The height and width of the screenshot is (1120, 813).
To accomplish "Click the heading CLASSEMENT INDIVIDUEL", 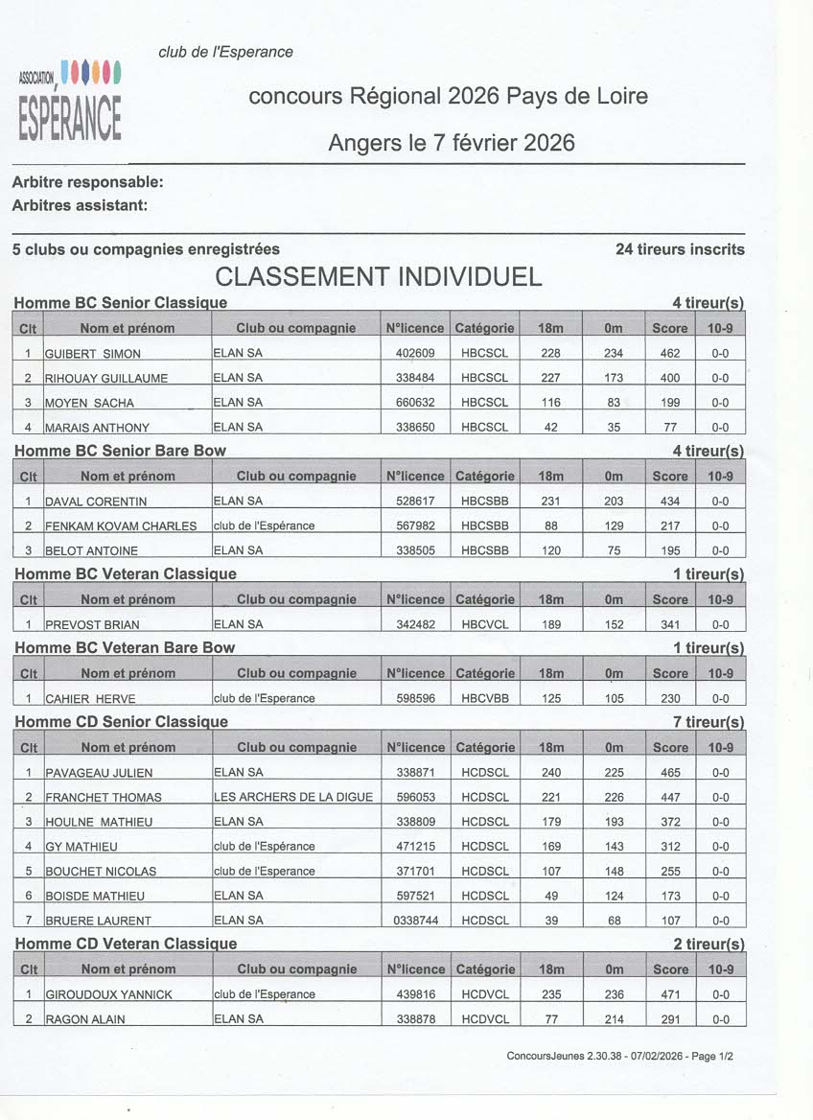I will tap(379, 277).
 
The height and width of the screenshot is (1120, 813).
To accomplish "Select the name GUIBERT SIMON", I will tap(93, 354).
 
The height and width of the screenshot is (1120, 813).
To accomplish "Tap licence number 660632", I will tap(415, 403).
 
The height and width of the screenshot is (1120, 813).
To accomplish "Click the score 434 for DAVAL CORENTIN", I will tap(670, 502).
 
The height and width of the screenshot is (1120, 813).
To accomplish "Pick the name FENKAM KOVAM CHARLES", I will tap(121, 526).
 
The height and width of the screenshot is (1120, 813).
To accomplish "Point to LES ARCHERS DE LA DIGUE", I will tap(293, 797).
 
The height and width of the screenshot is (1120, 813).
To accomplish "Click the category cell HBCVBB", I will tap(484, 699).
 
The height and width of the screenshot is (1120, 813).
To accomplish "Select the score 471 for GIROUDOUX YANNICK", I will tap(670, 995).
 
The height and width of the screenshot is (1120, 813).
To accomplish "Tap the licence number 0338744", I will tap(415, 921).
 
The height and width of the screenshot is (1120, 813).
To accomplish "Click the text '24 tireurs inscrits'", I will tap(680, 249).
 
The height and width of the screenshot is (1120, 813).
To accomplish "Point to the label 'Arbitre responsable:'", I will tap(88, 182).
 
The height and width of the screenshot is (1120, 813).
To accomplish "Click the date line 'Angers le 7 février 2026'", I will tap(452, 143).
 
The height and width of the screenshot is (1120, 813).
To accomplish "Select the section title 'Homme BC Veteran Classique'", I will tap(127, 574).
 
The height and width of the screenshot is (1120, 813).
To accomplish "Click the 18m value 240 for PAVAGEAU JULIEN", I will tap(550, 773).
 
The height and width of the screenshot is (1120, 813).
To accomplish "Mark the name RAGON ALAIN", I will tap(85, 1020).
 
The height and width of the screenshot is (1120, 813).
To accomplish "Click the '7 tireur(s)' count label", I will tap(708, 722).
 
